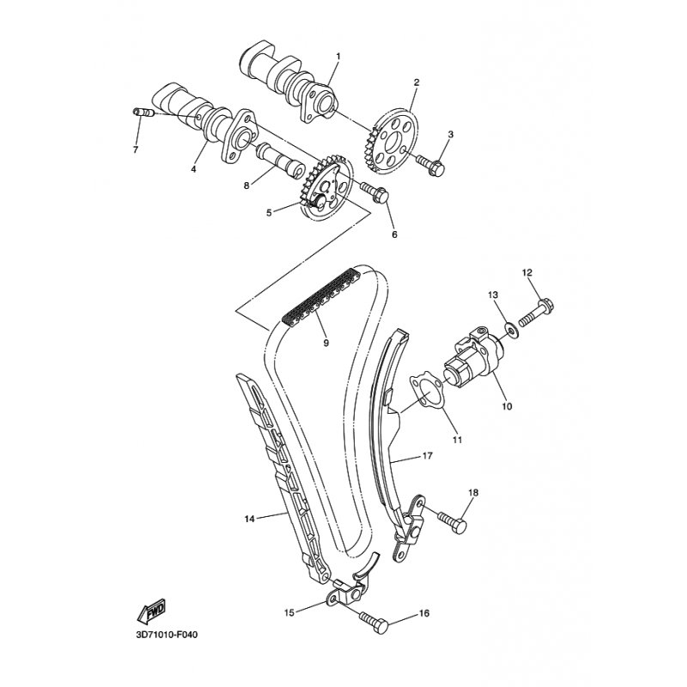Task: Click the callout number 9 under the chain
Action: point(325,343)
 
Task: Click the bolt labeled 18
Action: point(453,520)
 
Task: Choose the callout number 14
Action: point(249,519)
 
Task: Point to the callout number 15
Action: point(289,612)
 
